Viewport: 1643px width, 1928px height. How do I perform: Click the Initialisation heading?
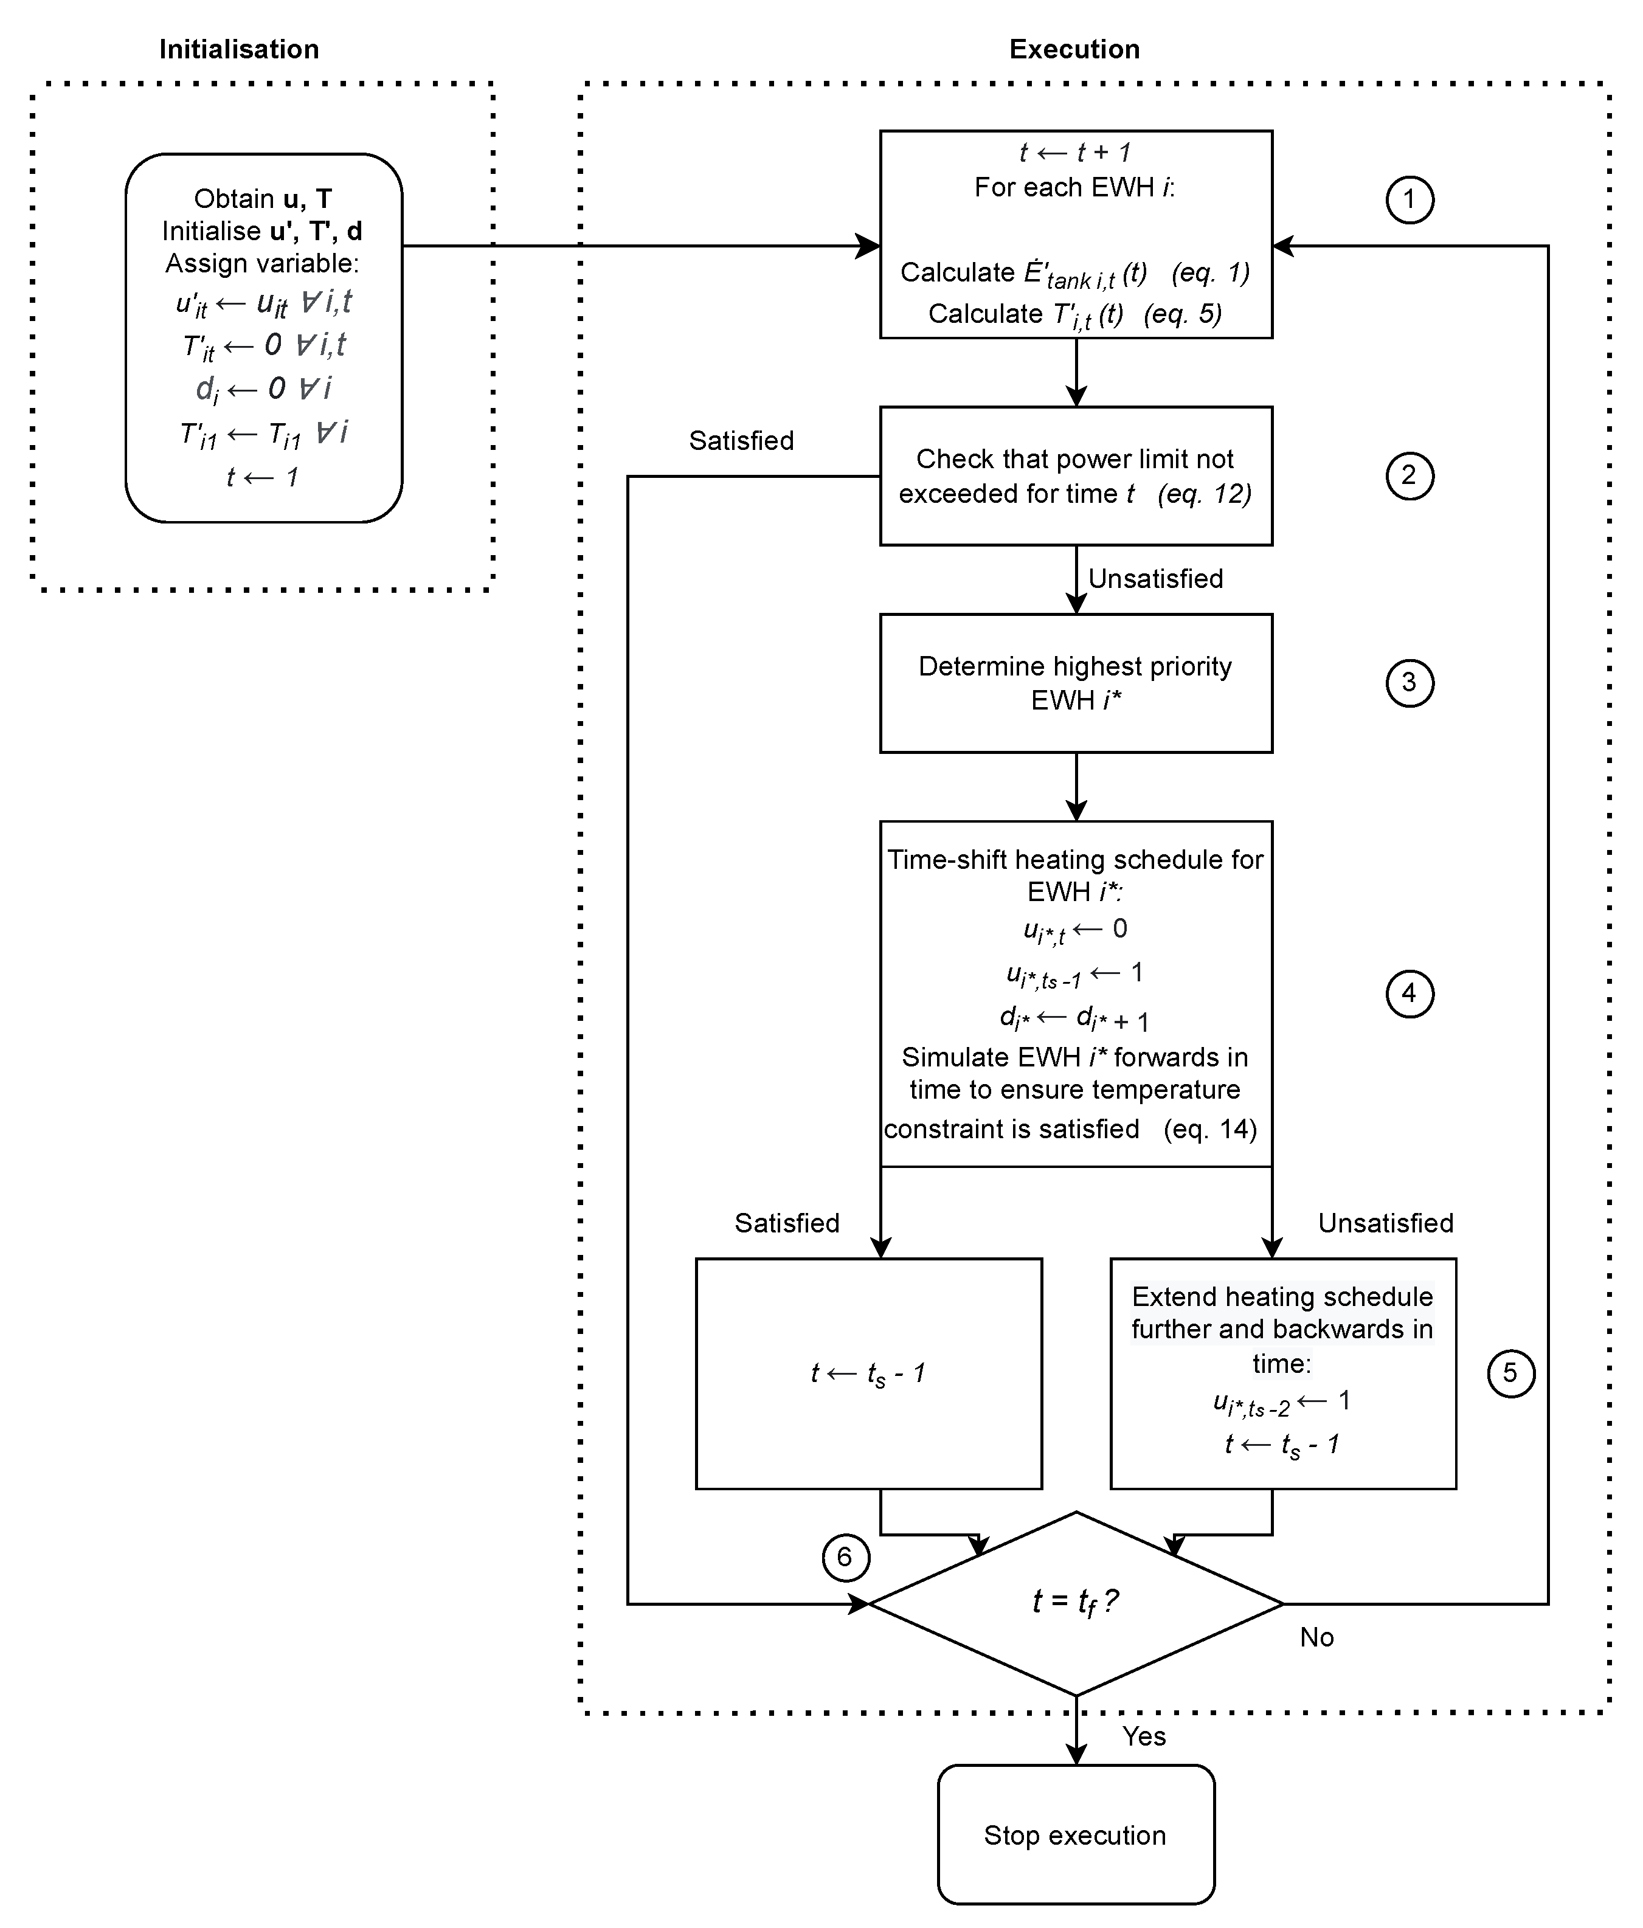tap(239, 49)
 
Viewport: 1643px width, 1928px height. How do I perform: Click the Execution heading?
tap(1074, 49)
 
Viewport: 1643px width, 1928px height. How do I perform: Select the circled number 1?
tap(1410, 200)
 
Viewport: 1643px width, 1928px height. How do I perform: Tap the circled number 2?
tap(1410, 475)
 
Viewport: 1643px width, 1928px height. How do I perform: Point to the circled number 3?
tap(1410, 683)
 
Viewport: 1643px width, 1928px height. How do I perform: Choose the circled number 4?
tap(1410, 993)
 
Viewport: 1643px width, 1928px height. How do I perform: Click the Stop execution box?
tap(1076, 1835)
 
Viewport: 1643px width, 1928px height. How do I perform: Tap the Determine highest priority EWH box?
tap(1076, 683)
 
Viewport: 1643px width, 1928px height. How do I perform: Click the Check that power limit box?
tap(1076, 475)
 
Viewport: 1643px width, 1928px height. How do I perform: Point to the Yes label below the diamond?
tap(1143, 1736)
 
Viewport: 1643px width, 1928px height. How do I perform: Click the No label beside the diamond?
tap(1316, 1638)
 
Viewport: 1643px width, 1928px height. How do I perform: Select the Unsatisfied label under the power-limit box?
tap(1155, 579)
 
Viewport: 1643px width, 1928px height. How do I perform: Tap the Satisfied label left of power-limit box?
tap(741, 441)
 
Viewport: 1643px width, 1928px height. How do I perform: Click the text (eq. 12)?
tap(1204, 494)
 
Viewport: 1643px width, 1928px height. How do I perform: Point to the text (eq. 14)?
tap(1209, 1130)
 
